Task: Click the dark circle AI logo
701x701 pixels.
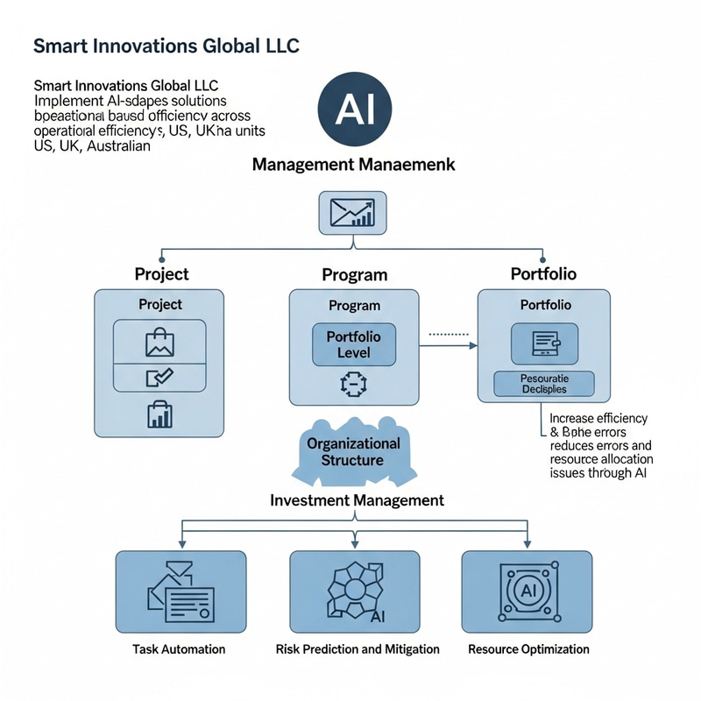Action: click(354, 109)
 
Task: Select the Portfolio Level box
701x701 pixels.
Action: click(354, 344)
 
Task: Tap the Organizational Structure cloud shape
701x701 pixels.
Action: click(353, 451)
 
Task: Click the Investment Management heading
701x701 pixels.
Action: click(356, 500)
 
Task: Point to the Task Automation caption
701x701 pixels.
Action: click(179, 649)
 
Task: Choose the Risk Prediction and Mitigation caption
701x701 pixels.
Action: click(358, 649)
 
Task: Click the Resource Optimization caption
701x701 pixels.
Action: click(528, 649)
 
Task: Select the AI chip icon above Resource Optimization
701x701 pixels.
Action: click(528, 591)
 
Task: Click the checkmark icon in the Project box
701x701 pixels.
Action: click(160, 378)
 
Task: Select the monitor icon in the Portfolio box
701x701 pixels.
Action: click(544, 343)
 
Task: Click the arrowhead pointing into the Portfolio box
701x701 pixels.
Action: click(472, 346)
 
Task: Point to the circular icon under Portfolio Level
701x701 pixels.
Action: click(350, 384)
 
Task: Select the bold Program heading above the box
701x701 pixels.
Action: click(354, 274)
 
